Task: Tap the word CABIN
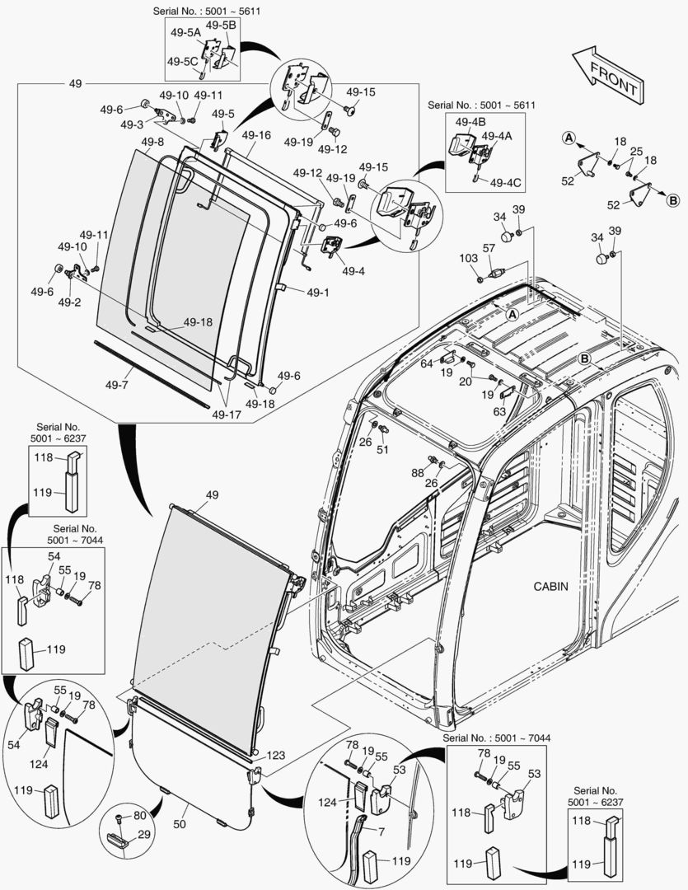[x=551, y=586]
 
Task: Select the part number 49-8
[x=152, y=143]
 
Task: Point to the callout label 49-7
[x=118, y=385]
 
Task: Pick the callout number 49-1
[x=318, y=292]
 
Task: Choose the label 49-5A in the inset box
[x=185, y=33]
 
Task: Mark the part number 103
[x=468, y=259]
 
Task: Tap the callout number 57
[x=489, y=248]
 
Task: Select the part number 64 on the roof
[x=427, y=363]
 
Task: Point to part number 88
[x=419, y=472]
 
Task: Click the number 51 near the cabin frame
[x=382, y=449]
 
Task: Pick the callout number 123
[x=277, y=755]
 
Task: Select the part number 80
[x=140, y=816]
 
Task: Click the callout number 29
[x=144, y=835]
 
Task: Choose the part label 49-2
[x=69, y=302]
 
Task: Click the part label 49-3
[x=132, y=124]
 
